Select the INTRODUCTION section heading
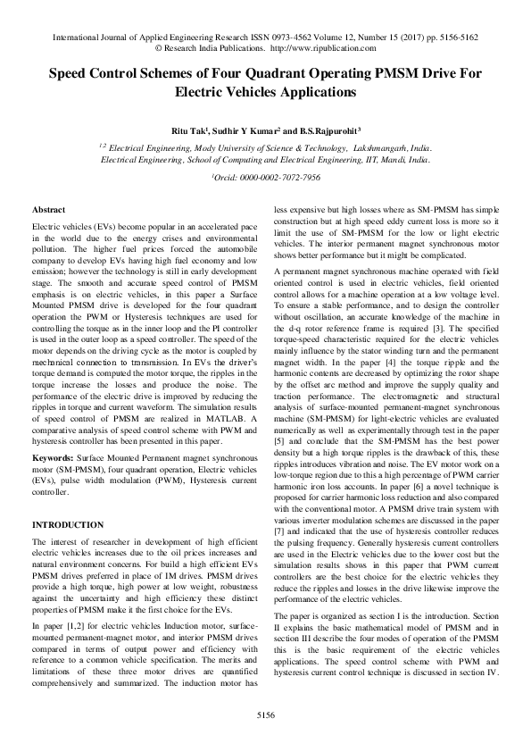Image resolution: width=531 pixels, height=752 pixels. [x=68, y=524]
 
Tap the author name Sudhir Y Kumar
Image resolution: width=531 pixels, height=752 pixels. [x=250, y=131]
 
